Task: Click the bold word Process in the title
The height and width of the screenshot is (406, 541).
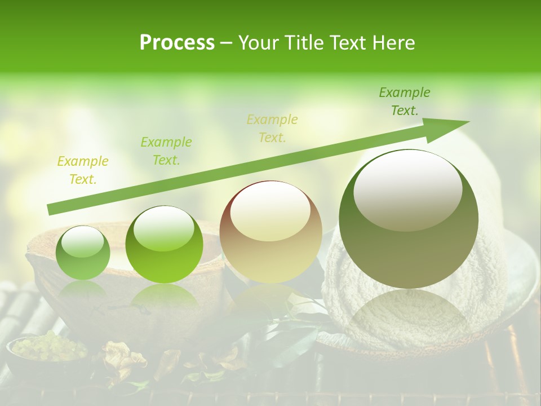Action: pos(177,43)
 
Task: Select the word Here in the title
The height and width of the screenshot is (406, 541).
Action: pos(394,43)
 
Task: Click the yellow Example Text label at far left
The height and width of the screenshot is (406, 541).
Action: pos(83,170)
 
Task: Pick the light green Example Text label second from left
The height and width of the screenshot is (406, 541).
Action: pos(166,151)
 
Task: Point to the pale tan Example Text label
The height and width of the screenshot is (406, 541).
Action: pos(272,129)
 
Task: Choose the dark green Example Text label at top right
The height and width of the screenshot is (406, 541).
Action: pos(404,101)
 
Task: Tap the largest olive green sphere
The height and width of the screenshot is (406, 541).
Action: pos(409,248)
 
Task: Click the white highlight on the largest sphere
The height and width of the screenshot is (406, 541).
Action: pos(407,189)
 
